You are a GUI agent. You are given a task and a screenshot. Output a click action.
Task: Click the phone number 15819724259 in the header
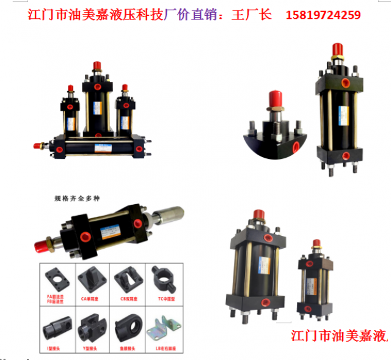(323, 14)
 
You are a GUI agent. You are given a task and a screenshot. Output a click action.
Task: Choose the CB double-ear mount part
(126, 278)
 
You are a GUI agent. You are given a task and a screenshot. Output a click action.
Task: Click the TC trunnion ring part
(161, 278)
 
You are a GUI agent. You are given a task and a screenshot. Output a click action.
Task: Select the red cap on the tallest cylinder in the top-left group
(97, 66)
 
